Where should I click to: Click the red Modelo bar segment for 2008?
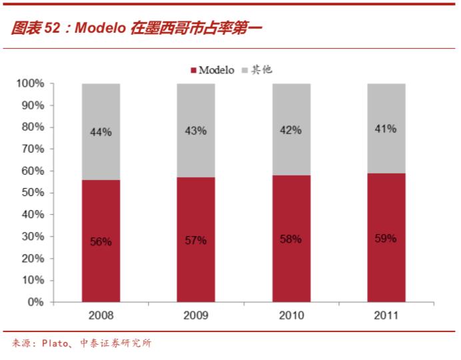point(101,267)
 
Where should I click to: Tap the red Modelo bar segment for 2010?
point(291,267)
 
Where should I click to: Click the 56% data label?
point(101,242)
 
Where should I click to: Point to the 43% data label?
point(196,131)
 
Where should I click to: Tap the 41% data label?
point(386,128)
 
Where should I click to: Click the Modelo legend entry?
point(213,70)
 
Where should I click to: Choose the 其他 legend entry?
point(260,70)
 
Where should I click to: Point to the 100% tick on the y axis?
point(30,84)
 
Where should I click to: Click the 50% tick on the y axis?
point(33,193)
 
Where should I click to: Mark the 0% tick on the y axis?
point(35,302)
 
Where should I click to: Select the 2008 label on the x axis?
point(101,315)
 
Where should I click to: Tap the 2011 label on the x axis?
point(386,315)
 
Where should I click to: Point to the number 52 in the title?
point(53,28)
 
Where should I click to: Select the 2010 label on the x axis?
point(291,315)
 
